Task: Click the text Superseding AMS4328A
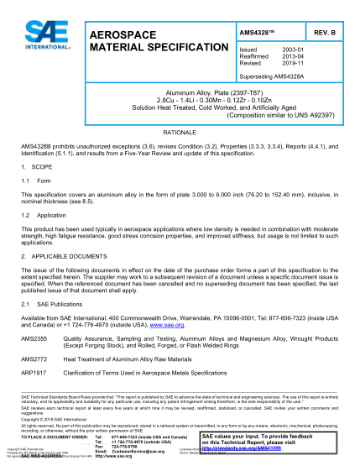tap(271, 74)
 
